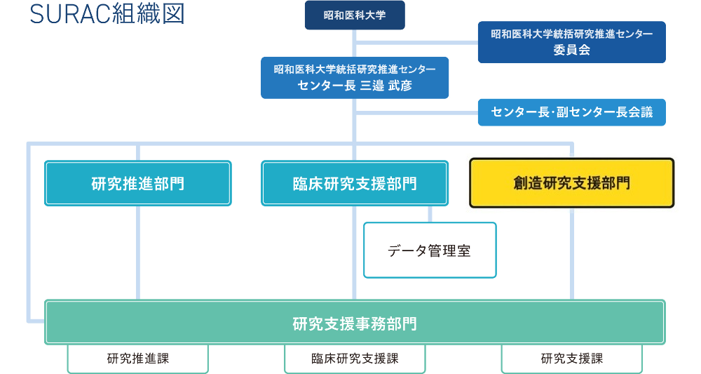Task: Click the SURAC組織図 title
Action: click(x=107, y=15)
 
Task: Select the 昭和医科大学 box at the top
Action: click(x=355, y=15)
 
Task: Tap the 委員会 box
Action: click(x=571, y=49)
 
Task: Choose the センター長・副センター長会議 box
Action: click(x=571, y=112)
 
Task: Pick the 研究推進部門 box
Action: click(x=138, y=184)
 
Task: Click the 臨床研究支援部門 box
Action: click(x=355, y=184)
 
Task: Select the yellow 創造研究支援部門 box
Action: click(x=571, y=183)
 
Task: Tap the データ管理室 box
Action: click(x=429, y=251)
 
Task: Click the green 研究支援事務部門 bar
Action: click(x=355, y=323)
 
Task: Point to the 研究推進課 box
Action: click(x=138, y=359)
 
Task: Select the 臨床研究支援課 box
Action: click(x=355, y=359)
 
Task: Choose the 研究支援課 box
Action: click(x=571, y=359)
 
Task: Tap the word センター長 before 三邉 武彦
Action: click(x=326, y=86)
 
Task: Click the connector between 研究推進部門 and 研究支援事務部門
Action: click(x=138, y=253)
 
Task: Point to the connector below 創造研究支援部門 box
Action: click(x=572, y=253)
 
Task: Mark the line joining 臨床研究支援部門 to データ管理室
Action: click(x=429, y=214)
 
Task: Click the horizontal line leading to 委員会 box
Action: click(x=417, y=43)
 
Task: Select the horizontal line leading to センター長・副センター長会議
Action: click(x=417, y=112)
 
